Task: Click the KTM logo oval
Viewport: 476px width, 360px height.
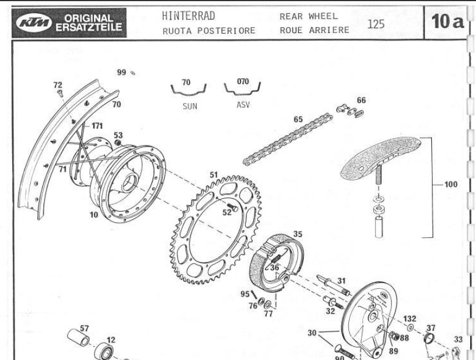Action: (x=36, y=23)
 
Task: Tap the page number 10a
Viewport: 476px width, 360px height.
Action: (x=447, y=23)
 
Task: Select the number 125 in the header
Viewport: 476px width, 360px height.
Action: (x=376, y=23)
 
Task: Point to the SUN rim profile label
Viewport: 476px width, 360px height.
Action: (x=190, y=106)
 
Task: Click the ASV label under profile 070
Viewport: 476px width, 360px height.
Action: (x=243, y=105)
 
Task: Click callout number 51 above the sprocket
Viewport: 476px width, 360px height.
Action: (x=214, y=174)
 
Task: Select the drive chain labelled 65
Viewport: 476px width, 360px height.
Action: (x=288, y=139)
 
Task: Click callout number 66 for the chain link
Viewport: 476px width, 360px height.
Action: (x=361, y=100)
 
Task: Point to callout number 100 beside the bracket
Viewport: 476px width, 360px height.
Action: (x=450, y=185)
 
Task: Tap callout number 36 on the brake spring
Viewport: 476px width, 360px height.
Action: (x=275, y=267)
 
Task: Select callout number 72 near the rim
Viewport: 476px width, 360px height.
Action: (x=57, y=85)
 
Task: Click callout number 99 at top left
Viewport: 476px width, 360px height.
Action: (x=121, y=72)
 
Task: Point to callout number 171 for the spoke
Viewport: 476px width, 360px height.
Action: (x=97, y=125)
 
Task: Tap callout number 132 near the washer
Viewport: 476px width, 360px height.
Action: (x=410, y=319)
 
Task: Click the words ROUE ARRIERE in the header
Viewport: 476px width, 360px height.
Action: (x=314, y=30)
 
